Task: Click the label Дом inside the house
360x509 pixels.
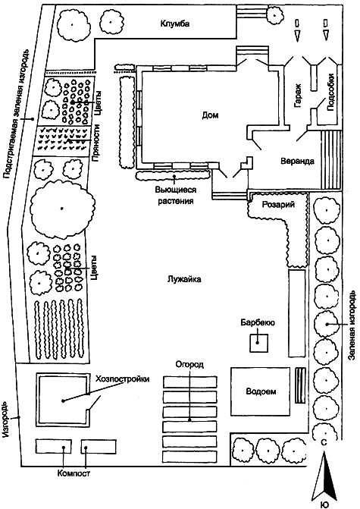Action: (x=210, y=115)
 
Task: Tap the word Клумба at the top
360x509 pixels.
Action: (x=175, y=24)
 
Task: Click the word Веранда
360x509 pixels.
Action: (x=297, y=162)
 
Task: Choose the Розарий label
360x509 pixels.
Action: (x=278, y=205)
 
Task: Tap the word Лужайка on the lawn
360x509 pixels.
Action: (x=184, y=279)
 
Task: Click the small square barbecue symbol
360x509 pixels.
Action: (x=258, y=343)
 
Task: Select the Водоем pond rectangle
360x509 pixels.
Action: (x=260, y=391)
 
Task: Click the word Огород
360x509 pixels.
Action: (x=189, y=365)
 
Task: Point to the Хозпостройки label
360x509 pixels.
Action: (x=123, y=379)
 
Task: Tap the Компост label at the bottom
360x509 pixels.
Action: (x=74, y=473)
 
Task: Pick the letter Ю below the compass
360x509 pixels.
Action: (x=324, y=504)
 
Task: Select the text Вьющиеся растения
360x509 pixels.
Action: (x=175, y=196)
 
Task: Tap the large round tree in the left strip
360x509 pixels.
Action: (x=62, y=208)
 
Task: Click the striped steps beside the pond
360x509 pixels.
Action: (x=300, y=385)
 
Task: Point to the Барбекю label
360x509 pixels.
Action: (x=258, y=322)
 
